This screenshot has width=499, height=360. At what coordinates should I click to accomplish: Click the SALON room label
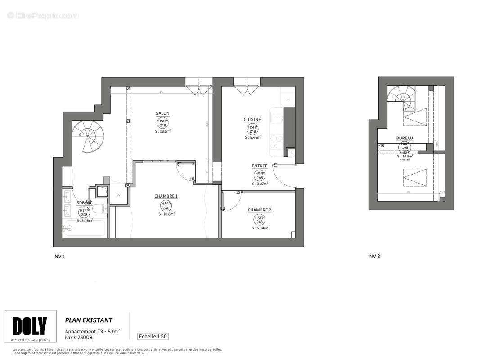pos(162,113)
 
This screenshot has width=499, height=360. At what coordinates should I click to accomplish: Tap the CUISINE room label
pos(252,119)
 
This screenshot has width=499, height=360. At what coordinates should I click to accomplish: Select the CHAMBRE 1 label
pos(166,196)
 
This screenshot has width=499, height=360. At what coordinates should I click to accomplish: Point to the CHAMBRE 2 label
pos(259,210)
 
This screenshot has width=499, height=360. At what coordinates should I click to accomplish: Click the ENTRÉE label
pos(260,166)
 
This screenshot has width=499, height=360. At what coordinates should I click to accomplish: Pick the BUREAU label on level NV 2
pos(404,138)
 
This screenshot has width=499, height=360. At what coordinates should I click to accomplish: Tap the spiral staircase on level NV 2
pos(401,97)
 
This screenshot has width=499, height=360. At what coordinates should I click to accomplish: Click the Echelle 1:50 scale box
pos(153,336)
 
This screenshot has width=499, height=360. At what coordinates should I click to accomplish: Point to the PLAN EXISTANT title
pos(89,320)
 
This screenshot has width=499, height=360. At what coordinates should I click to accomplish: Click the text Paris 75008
pos(79,337)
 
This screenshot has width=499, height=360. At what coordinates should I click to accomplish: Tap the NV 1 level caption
pos(60,256)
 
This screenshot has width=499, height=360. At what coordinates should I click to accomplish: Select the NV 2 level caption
pos(374,256)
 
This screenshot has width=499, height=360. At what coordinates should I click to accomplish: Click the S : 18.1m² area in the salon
pos(163,131)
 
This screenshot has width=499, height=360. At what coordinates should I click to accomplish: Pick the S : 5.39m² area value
pos(260,228)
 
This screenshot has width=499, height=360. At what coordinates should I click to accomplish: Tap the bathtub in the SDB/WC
pos(85,229)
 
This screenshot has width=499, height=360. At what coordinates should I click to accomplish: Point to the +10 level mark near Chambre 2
pos(237,193)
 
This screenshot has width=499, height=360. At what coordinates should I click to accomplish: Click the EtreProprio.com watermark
pos(43,15)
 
